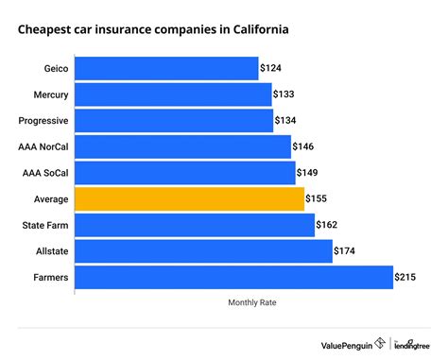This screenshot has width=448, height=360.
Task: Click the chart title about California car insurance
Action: [x=153, y=29]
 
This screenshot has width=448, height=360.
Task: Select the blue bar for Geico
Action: [x=166, y=68]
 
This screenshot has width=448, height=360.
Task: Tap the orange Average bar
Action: [x=189, y=198]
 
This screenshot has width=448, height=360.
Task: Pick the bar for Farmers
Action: [x=233, y=277]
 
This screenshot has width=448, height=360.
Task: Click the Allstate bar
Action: [x=203, y=250]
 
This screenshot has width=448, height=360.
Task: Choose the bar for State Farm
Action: [x=194, y=225]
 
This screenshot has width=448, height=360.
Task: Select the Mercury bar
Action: [x=172, y=94]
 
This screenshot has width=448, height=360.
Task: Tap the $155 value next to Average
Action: [x=319, y=198]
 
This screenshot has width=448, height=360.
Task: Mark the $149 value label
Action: [x=309, y=173]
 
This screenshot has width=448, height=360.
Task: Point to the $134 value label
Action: [x=287, y=120]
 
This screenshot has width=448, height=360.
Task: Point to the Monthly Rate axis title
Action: [x=252, y=303]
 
